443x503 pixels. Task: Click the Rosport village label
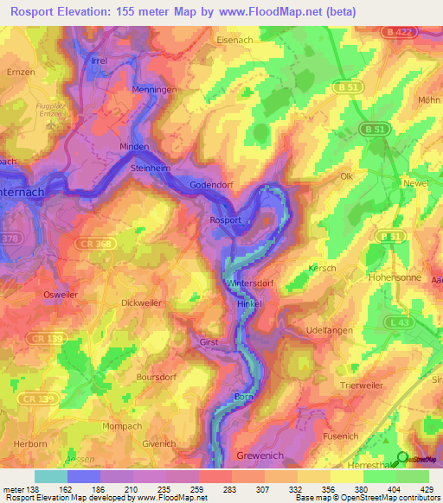coord(225,220)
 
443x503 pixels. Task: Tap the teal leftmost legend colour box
coord(50,476)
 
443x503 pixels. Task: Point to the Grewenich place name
coord(260,455)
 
